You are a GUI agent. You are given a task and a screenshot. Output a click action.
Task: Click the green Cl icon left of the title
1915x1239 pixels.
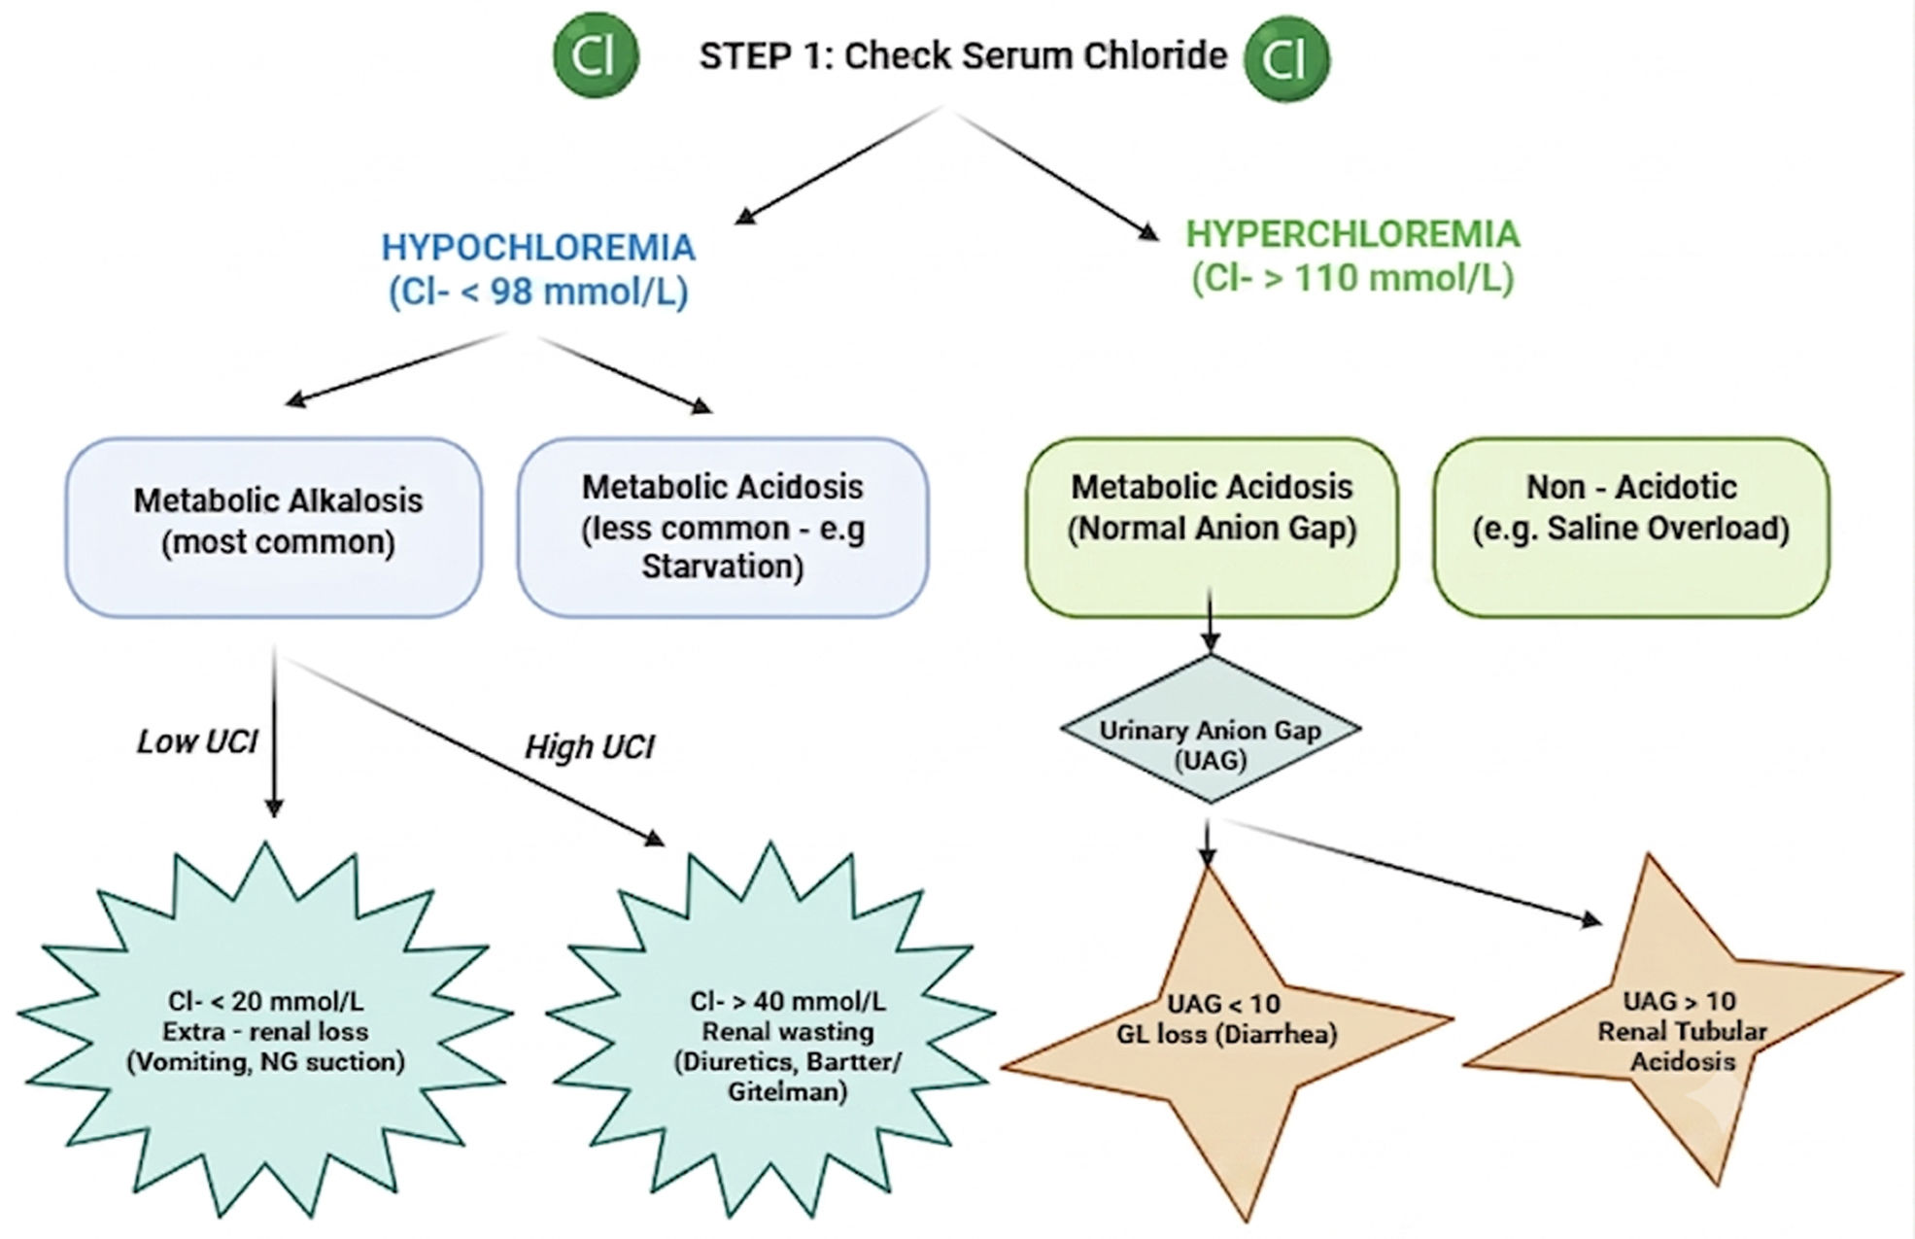click(x=596, y=56)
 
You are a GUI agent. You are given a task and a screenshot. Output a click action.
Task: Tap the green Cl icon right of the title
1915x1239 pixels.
click(x=1286, y=58)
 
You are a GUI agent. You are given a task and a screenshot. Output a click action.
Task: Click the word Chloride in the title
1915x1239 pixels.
click(x=1155, y=56)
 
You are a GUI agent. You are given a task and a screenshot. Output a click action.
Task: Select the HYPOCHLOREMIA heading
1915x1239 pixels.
click(x=538, y=248)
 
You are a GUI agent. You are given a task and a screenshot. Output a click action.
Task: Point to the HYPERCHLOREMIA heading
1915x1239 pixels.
click(x=1352, y=234)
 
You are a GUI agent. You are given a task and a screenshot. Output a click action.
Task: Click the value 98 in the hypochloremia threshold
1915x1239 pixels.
click(x=511, y=292)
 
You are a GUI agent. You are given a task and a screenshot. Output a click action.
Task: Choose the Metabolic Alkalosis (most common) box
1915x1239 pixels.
click(x=274, y=527)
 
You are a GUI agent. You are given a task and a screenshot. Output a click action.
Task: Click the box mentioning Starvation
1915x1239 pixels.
click(x=723, y=527)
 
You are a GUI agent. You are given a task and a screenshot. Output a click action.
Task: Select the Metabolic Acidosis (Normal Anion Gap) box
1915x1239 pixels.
click(x=1212, y=527)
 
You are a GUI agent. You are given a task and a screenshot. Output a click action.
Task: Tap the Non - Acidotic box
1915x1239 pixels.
click(x=1631, y=527)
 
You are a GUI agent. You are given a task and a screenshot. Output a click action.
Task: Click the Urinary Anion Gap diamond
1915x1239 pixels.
click(x=1211, y=729)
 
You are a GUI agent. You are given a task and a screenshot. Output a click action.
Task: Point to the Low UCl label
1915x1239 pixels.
click(x=197, y=742)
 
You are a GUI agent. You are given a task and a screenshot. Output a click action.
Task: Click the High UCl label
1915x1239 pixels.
click(x=590, y=747)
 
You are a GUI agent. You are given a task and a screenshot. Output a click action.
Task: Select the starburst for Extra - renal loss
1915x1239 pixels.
click(x=265, y=1030)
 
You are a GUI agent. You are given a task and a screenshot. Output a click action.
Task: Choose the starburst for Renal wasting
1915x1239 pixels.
click(x=771, y=1030)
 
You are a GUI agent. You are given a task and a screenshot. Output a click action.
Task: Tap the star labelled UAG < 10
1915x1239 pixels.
click(x=1226, y=1030)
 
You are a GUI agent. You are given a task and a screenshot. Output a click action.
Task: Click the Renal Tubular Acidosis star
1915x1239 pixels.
click(x=1682, y=1025)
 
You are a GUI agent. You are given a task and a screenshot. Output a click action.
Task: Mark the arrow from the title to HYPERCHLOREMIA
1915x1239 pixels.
click(x=1053, y=173)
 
